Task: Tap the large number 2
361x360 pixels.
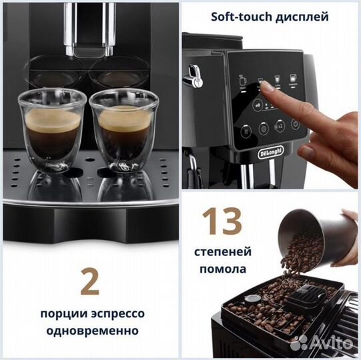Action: (x=89, y=281)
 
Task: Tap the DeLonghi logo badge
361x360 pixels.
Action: (x=270, y=153)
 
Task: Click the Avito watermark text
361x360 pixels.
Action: (x=328, y=342)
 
